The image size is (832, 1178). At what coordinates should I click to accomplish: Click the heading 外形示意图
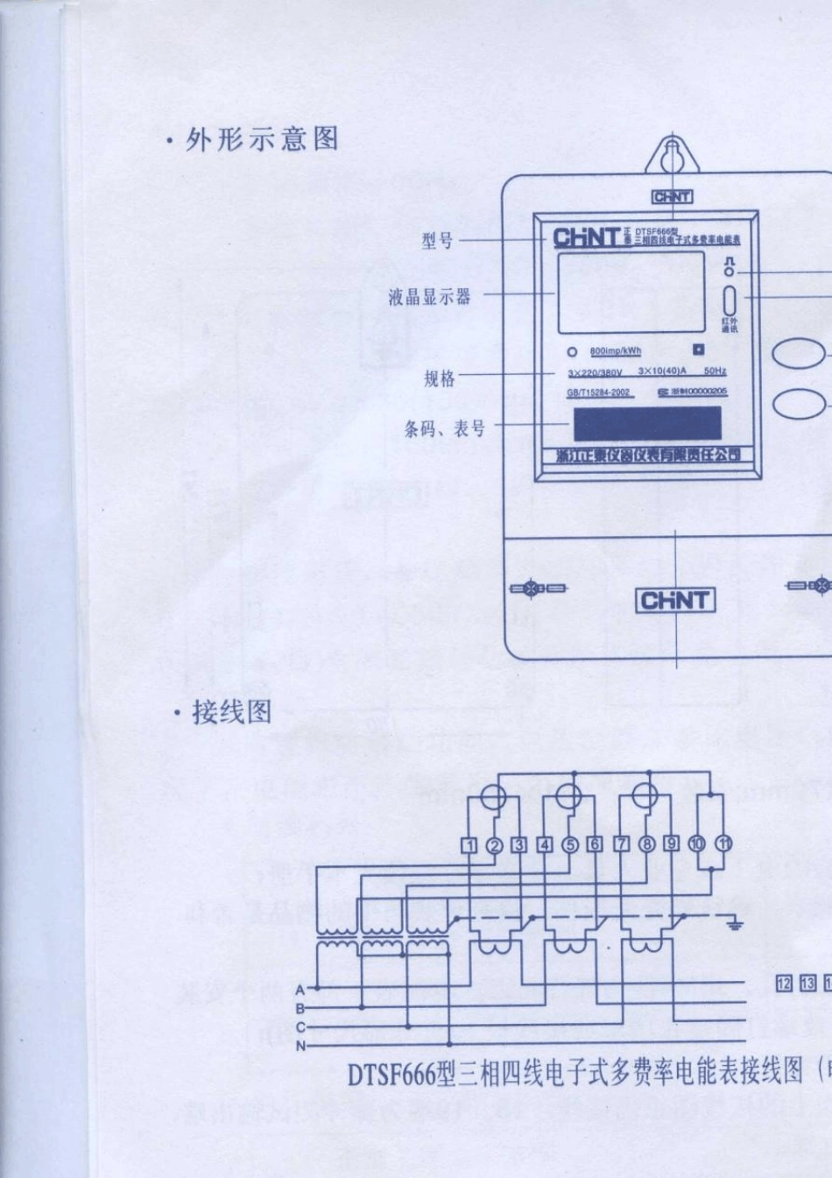pos(262,139)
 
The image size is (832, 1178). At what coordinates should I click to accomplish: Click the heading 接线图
pos(232,711)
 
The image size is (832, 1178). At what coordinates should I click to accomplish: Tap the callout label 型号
pos(437,239)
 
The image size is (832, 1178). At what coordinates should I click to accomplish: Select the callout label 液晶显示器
pos(430,297)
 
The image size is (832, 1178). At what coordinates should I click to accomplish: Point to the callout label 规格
pos(440,378)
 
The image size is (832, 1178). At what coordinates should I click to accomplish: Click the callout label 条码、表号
pos(444,428)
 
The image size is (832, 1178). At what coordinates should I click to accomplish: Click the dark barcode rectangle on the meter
pos(647,423)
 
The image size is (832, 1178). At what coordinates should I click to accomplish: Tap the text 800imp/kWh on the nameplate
pos(615,351)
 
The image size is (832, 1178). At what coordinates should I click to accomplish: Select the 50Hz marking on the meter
pos(715,371)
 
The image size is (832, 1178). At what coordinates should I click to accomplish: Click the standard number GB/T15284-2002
pos(598,392)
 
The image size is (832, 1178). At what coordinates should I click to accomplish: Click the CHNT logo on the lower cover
pos(674,601)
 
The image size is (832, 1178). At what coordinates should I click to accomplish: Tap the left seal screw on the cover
pos(531,589)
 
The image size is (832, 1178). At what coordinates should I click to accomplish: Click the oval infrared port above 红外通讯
pos(729,300)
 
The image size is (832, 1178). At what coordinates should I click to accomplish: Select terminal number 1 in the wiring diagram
pos(469,844)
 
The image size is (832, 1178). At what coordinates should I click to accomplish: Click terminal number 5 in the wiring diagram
pos(570,844)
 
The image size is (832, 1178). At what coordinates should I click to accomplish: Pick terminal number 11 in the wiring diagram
pos(723,843)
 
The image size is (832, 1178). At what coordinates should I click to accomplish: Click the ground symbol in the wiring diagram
pos(735,922)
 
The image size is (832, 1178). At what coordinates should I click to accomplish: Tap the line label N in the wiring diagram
pos(300,1046)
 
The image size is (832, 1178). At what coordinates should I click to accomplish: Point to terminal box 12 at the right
pos(784,984)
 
